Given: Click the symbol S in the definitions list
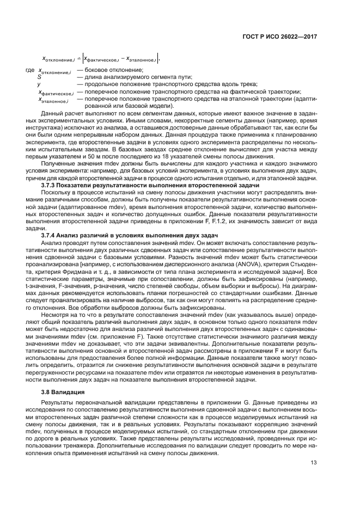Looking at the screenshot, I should (39, 77).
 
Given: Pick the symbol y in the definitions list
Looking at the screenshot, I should (39, 84).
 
